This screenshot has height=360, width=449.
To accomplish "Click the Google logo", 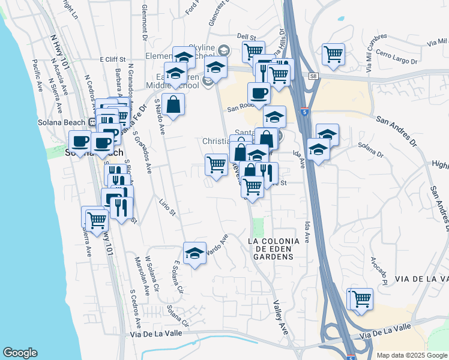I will [20, 353].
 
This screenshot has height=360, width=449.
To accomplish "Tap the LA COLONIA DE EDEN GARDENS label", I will [272, 248].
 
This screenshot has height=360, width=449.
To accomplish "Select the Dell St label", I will [246, 37].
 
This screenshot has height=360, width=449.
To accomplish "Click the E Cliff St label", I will [112, 59].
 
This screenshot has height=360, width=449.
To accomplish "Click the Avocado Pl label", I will [378, 271].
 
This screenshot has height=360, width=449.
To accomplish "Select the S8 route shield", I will [313, 76].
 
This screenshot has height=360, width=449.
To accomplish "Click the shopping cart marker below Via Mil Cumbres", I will [333, 54].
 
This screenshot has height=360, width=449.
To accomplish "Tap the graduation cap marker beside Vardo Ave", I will [194, 253].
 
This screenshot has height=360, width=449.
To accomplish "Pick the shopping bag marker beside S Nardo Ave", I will [173, 104].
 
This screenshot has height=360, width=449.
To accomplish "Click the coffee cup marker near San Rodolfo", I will [259, 93].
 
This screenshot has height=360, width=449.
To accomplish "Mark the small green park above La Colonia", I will [258, 227].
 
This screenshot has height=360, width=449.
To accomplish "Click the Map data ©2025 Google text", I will [412, 355].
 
